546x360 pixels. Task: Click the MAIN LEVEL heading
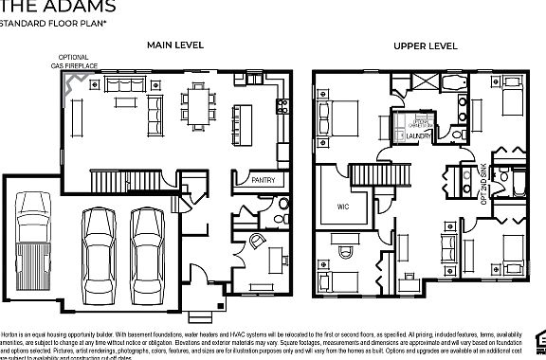(176, 45)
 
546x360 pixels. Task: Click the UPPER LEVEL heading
(426, 45)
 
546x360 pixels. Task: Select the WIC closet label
(343, 206)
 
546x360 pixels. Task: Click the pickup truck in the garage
(33, 236)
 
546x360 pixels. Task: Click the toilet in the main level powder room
(279, 217)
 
